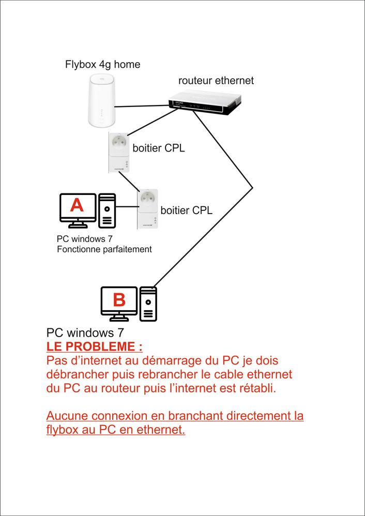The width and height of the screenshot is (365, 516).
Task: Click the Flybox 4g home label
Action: [102, 65]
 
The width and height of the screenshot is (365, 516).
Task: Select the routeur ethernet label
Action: [216, 81]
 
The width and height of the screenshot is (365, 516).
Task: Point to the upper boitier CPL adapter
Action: [119, 151]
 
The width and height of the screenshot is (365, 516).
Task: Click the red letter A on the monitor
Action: [77, 206]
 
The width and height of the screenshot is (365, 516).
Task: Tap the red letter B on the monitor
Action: [119, 299]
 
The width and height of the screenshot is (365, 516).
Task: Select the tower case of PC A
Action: [107, 210]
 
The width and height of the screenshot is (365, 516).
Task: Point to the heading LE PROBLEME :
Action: [94, 346]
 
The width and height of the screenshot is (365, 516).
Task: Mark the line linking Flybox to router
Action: [142, 106]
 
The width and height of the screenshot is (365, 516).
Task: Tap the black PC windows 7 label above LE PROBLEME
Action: [85, 332]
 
